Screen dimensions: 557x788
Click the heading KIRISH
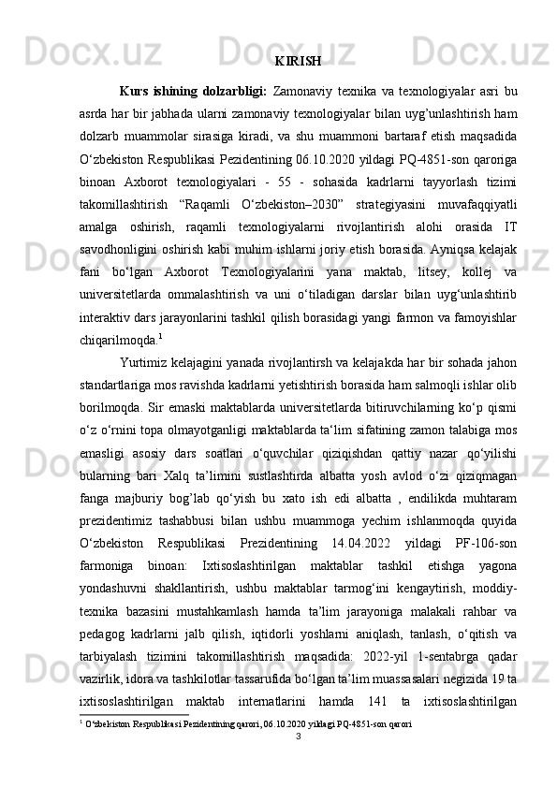click(x=300, y=62)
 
